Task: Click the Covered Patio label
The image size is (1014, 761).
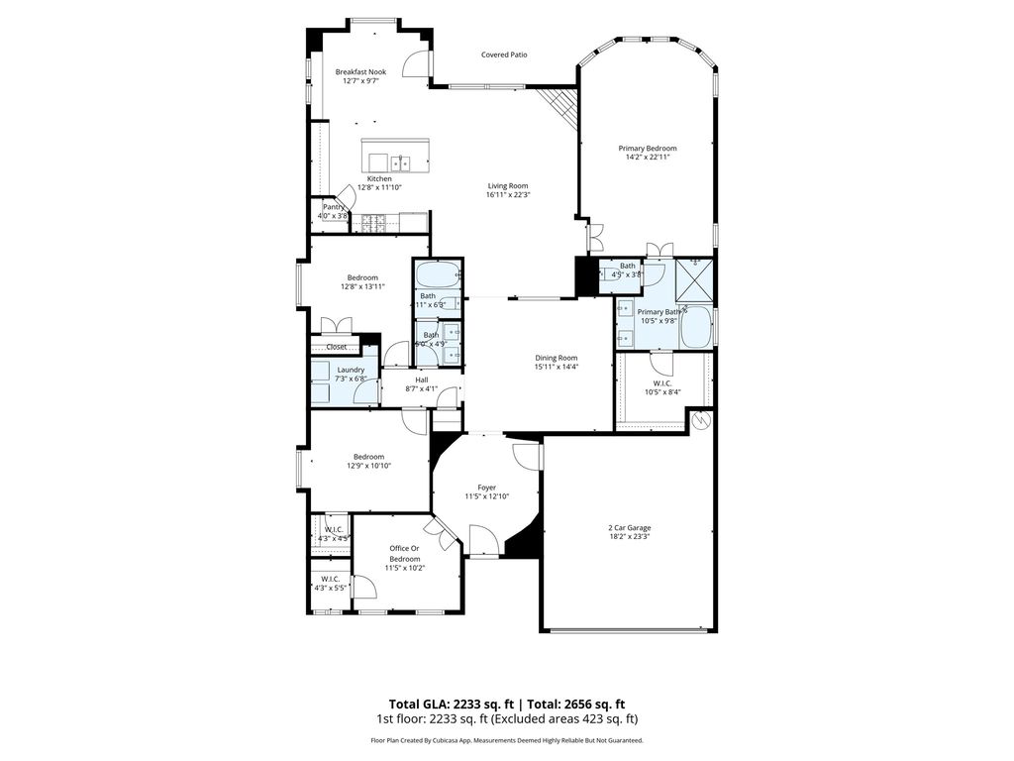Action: click(504, 54)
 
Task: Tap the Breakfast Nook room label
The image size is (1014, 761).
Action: click(360, 71)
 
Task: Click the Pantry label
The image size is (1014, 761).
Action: click(333, 207)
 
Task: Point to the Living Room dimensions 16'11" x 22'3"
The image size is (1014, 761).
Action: click(508, 195)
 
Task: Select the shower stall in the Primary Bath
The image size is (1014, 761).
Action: click(695, 279)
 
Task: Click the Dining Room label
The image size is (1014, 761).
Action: click(557, 358)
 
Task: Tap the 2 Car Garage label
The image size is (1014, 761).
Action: click(630, 528)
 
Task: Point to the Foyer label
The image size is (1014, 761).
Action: click(486, 487)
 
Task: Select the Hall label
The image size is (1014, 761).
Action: click(422, 380)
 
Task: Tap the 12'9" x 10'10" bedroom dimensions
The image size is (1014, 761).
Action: click(368, 466)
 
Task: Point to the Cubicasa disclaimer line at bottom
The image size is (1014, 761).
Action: click(507, 740)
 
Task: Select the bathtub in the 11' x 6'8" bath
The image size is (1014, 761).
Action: click(437, 273)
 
